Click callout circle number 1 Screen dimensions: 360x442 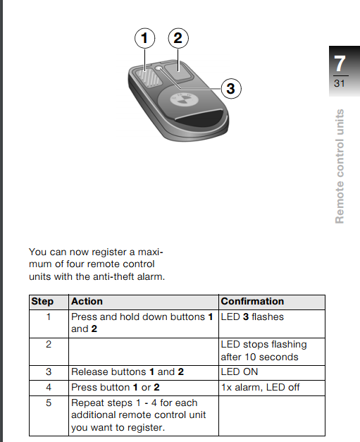click(x=144, y=38)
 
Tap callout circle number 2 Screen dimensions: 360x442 click(x=178, y=38)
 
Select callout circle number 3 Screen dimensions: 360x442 click(x=231, y=89)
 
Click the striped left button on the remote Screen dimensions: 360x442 click(x=149, y=78)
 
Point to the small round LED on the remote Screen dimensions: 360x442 click(x=159, y=68)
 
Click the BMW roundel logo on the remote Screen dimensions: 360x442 click(x=184, y=99)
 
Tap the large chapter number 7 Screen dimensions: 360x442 click(x=340, y=63)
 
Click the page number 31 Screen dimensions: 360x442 click(x=340, y=83)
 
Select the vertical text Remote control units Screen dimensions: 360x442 click(x=340, y=166)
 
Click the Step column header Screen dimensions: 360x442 click(x=42, y=301)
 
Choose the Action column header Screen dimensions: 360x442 click(x=87, y=301)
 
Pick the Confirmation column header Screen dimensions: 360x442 click(x=252, y=301)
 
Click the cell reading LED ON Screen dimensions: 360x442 click(x=240, y=372)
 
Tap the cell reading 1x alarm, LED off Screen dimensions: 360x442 click(x=260, y=387)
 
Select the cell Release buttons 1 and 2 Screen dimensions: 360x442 click(x=128, y=372)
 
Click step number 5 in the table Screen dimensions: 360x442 click(x=49, y=403)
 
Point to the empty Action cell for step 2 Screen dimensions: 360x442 click(x=144, y=352)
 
